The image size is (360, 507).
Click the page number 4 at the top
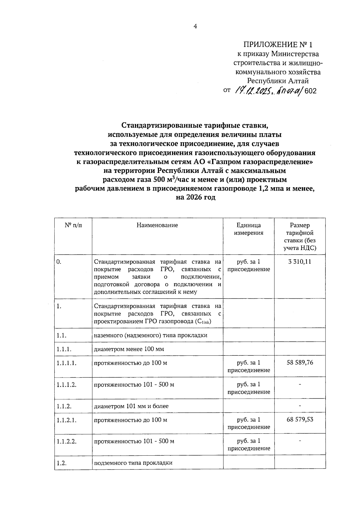(x=195, y=26)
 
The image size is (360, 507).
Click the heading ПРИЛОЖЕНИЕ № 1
(x=278, y=45)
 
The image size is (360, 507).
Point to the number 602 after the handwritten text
(x=310, y=91)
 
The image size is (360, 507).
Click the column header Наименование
(x=157, y=225)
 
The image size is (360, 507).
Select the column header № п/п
(x=73, y=225)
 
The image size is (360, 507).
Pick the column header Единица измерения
(x=249, y=229)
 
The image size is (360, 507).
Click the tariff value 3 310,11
(x=300, y=262)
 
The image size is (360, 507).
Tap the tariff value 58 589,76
(x=300, y=363)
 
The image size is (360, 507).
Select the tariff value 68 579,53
(x=300, y=419)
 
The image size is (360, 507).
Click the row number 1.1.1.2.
(x=66, y=385)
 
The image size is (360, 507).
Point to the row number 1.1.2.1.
(x=66, y=420)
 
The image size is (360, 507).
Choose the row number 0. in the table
(x=59, y=262)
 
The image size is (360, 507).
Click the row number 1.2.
(x=61, y=463)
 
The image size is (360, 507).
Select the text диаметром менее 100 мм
(x=129, y=349)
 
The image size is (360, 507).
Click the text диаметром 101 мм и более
(x=131, y=406)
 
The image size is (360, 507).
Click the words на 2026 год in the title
(x=195, y=198)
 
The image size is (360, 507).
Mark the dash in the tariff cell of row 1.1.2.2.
(x=300, y=441)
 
